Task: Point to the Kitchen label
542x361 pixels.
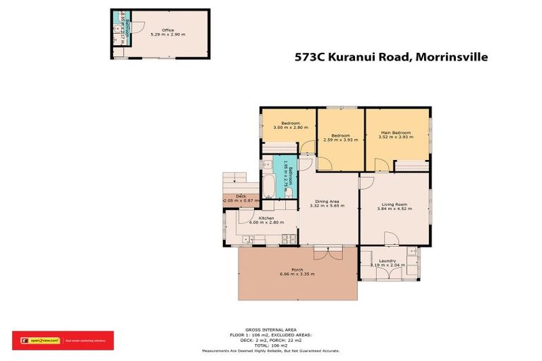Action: click(x=266, y=218)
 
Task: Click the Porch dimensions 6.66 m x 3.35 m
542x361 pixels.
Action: click(x=296, y=274)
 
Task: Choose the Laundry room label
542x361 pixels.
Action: click(x=388, y=260)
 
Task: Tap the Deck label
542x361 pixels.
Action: click(x=241, y=196)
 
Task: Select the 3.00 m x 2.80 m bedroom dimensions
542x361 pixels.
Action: click(x=287, y=128)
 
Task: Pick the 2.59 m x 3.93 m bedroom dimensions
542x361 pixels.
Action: click(x=340, y=140)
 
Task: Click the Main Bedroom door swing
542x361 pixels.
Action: click(x=381, y=165)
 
